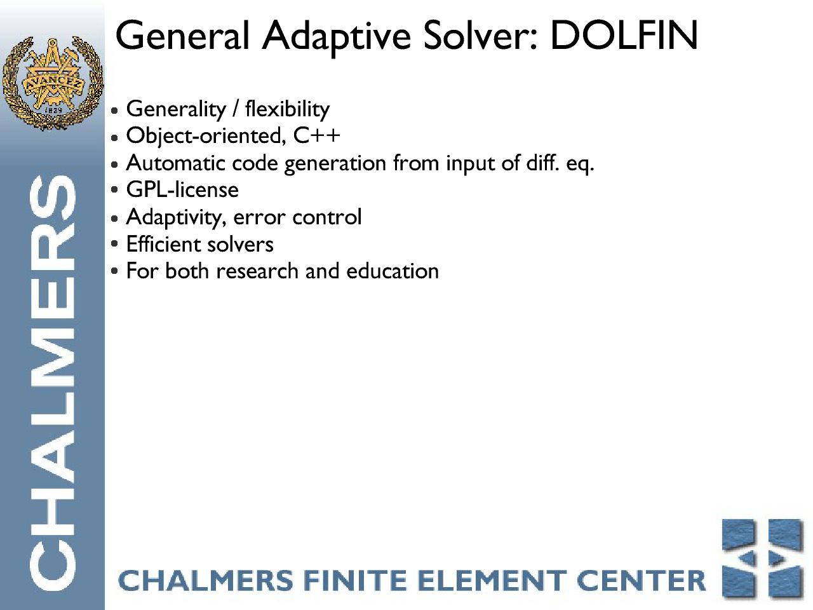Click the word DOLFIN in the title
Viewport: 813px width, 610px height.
click(624, 36)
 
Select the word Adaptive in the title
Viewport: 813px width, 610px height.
click(336, 38)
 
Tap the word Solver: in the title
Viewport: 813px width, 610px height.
click(480, 36)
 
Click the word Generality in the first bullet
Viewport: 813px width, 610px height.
click(176, 110)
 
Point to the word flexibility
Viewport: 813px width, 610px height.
click(287, 110)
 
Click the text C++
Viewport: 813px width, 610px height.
click(317, 135)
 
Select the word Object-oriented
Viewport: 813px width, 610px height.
click(206, 136)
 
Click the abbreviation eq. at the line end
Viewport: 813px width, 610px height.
click(580, 164)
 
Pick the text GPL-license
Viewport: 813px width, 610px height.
click(182, 191)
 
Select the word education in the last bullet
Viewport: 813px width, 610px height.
click(393, 271)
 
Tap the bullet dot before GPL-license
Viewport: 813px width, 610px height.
click(114, 190)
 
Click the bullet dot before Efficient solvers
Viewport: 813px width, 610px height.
click(114, 244)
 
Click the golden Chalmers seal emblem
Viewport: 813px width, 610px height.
click(52, 83)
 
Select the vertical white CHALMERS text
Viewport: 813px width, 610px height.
click(52, 383)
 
